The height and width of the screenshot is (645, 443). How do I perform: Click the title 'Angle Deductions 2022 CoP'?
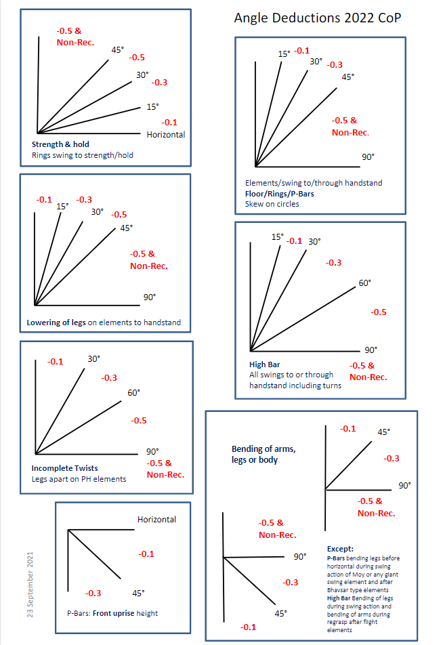click(x=317, y=18)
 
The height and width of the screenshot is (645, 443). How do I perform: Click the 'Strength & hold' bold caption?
click(x=60, y=144)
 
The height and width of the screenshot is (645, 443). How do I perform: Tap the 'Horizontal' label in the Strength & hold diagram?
click(x=165, y=134)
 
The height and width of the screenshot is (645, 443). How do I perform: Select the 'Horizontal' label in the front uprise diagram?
click(x=156, y=520)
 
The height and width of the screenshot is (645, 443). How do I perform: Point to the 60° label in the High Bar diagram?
click(x=364, y=283)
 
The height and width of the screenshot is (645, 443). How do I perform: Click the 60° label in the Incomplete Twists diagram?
click(x=133, y=393)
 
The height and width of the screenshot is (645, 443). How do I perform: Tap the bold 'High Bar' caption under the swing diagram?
click(x=264, y=365)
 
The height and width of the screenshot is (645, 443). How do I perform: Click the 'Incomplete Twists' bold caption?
click(x=64, y=468)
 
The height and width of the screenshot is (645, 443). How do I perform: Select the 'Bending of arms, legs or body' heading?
click(x=263, y=454)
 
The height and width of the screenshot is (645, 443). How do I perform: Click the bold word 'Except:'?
click(x=341, y=548)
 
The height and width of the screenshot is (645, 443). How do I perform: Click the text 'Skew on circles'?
click(x=272, y=203)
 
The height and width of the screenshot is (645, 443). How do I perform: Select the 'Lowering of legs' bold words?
click(x=56, y=322)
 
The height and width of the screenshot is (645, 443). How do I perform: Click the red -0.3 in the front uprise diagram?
click(x=93, y=594)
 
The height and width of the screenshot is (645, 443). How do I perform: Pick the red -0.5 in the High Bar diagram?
click(x=379, y=312)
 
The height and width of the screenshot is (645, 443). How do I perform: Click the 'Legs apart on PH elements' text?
click(x=79, y=479)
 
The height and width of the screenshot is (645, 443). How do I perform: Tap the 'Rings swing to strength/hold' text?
click(x=82, y=155)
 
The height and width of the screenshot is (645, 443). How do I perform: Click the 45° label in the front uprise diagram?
click(x=138, y=594)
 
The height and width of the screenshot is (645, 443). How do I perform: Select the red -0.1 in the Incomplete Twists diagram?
click(x=55, y=362)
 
